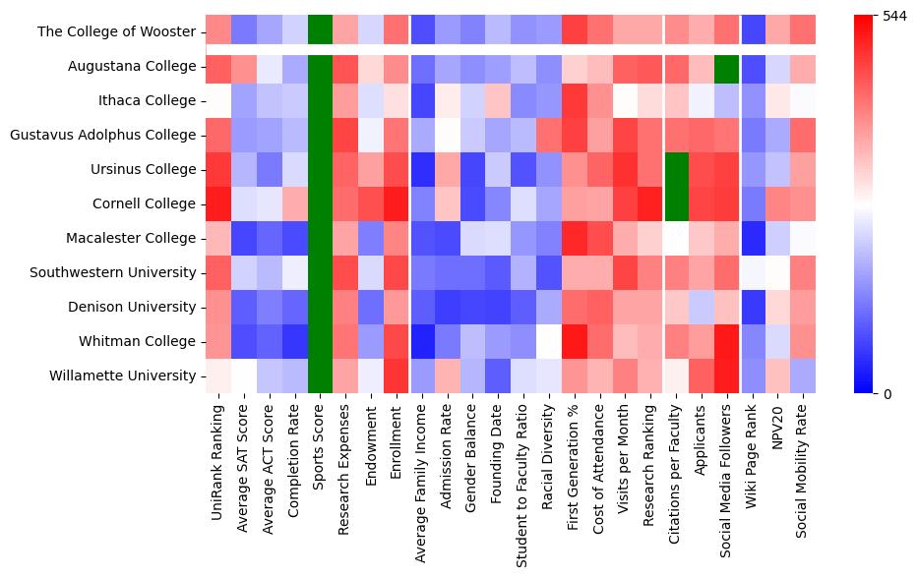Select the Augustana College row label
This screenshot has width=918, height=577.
pyautogui.click(x=132, y=67)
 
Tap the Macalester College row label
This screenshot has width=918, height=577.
pyautogui.click(x=131, y=238)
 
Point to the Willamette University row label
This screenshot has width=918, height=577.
pyautogui.click(x=125, y=375)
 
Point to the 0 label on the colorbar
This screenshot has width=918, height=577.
pyautogui.click(x=887, y=394)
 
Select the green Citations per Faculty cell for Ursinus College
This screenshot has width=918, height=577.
pyautogui.click(x=676, y=169)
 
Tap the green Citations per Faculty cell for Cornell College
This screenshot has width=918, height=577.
pyautogui.click(x=676, y=203)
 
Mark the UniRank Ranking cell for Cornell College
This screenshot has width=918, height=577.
pyautogui.click(x=218, y=203)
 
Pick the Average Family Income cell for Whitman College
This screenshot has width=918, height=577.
pyautogui.click(x=423, y=341)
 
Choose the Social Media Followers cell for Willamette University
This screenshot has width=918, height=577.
pyautogui.click(x=727, y=375)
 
